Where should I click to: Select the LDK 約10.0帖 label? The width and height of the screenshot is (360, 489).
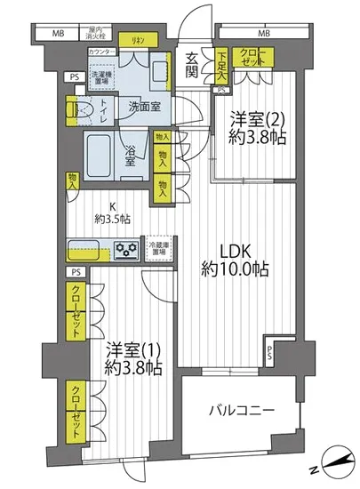tap(233, 258)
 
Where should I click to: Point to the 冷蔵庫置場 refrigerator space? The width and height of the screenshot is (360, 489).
tap(157, 248)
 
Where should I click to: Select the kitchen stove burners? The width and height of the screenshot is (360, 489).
tap(127, 250)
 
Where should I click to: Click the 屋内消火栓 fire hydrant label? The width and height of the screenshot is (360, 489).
tap(96, 35)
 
